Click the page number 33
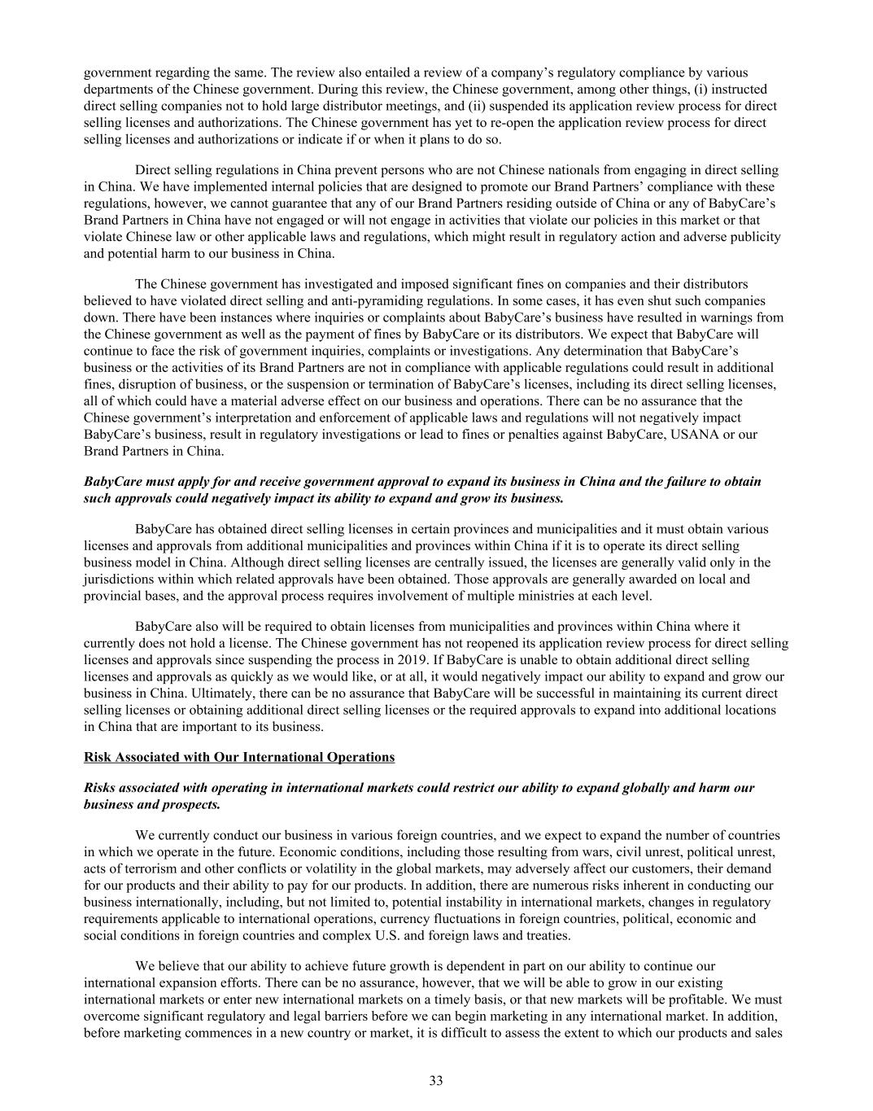coord(436,1081)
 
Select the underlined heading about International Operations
coord(239,757)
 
